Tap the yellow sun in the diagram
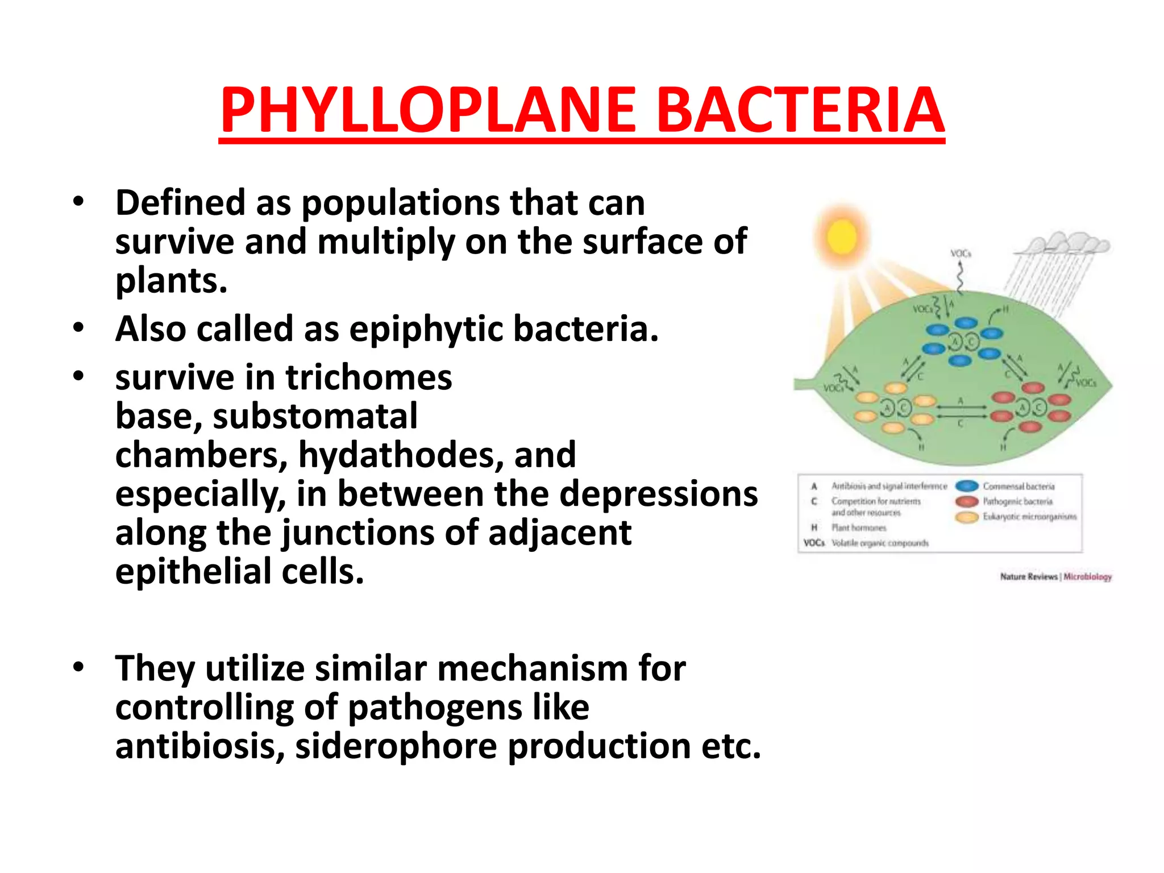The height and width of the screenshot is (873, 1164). [x=842, y=236]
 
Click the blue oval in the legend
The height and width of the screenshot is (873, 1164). [x=967, y=486]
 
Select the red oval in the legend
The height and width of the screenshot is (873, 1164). [x=967, y=501]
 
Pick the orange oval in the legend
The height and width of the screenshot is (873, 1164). [x=967, y=517]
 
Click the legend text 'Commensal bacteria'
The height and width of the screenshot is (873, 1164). [x=1018, y=487]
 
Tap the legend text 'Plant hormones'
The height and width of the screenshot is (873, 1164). [x=858, y=528]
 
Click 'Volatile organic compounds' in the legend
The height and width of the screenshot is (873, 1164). [x=880, y=543]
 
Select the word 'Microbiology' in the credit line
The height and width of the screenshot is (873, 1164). [x=1087, y=577]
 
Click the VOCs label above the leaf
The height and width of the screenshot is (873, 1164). [x=961, y=253]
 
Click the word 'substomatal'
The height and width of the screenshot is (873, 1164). [x=315, y=416]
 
